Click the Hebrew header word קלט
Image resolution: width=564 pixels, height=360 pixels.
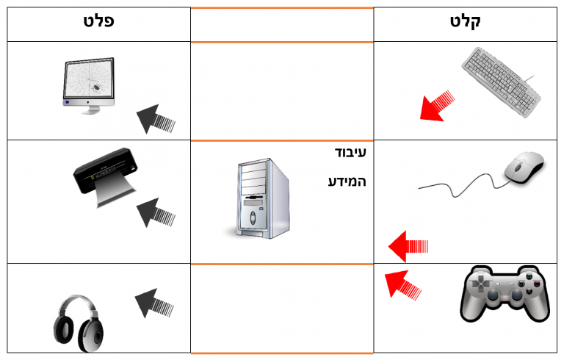[465, 22]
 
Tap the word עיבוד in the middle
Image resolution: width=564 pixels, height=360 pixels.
[347, 153]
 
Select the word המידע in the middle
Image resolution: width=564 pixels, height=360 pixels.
[347, 181]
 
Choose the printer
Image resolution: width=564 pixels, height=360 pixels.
[104, 174]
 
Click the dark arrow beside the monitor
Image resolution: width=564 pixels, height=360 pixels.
[156, 118]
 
